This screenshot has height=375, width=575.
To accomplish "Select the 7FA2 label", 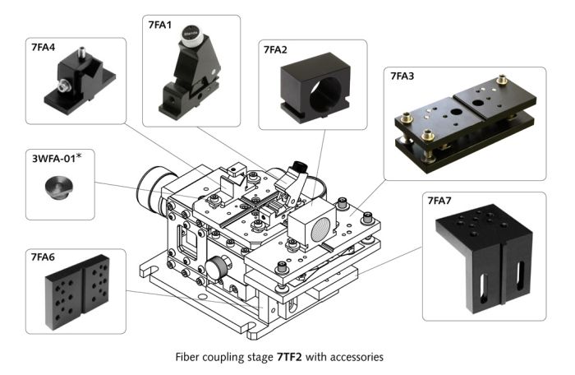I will click(275, 50).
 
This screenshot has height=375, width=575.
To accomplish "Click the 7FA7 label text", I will click(443, 201).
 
